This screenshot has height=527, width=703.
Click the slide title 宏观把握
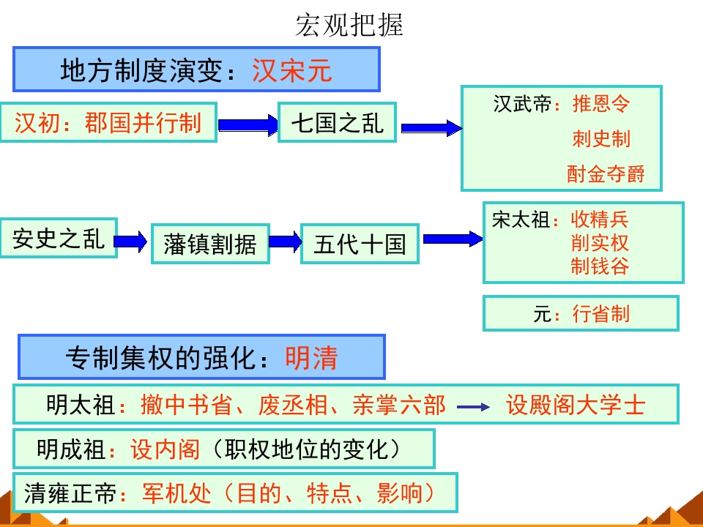349,26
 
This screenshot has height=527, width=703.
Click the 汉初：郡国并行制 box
108,122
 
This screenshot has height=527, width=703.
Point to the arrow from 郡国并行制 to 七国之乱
248,126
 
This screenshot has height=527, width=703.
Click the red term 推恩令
600,104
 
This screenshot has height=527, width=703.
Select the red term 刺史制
600,138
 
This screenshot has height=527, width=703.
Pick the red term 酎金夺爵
606,173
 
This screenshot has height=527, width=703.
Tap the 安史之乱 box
59,239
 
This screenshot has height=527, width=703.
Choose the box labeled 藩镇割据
210,244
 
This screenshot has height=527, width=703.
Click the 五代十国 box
360,244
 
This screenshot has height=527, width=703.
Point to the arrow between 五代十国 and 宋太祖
452,239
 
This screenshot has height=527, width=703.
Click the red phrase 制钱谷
600,266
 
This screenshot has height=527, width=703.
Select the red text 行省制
600,315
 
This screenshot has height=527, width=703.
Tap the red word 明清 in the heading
311,358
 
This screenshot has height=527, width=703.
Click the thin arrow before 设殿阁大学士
473,407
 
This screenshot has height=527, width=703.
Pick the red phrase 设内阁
165,449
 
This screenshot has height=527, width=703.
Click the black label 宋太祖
521,220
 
